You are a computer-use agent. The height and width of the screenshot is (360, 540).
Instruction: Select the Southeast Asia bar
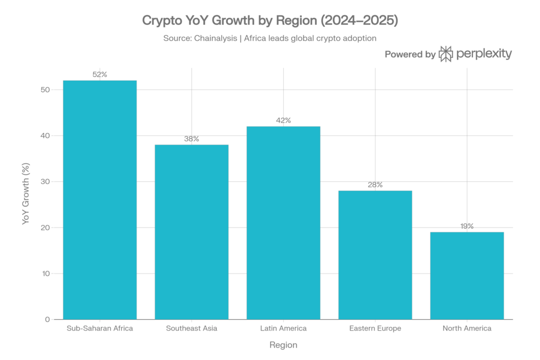coord(191,231)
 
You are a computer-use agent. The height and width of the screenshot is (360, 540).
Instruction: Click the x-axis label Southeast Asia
coord(191,328)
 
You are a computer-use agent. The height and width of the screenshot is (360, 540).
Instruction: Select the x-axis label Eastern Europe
coord(375,328)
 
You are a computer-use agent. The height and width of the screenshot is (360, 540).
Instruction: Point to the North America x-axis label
coord(467,328)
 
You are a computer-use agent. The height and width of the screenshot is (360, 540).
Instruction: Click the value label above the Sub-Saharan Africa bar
coord(100,75)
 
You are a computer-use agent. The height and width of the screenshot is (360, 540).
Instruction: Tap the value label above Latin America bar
coord(283,121)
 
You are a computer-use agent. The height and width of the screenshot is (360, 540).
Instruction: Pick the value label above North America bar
coord(467,226)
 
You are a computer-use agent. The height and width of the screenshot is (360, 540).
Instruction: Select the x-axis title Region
coord(283,346)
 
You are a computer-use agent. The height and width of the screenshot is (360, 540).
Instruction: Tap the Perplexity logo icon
coord(446,54)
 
